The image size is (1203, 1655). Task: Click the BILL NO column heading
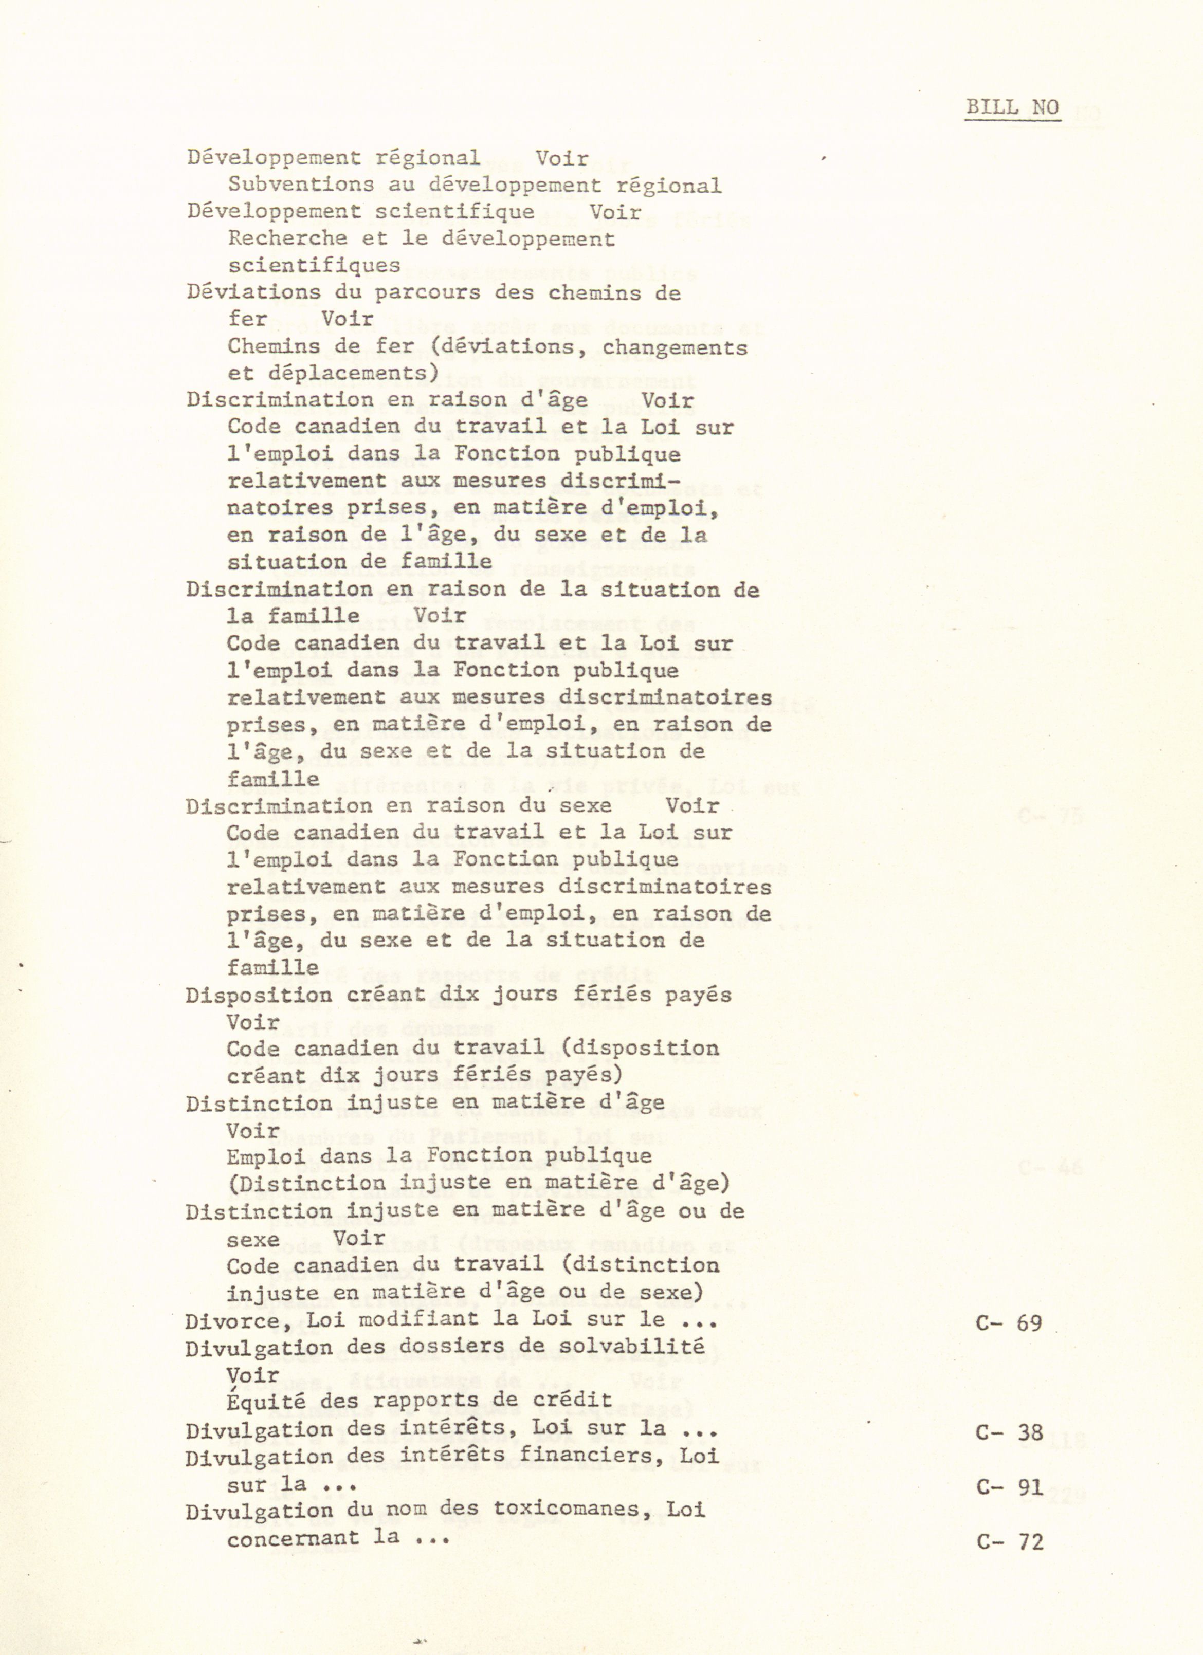[1012, 107]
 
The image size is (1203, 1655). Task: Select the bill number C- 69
[1009, 1323]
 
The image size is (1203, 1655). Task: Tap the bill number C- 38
[1009, 1432]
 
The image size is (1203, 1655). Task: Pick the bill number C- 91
[1009, 1486]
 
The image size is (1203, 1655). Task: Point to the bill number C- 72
[1009, 1542]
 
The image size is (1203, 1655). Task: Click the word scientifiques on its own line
[314, 266]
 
